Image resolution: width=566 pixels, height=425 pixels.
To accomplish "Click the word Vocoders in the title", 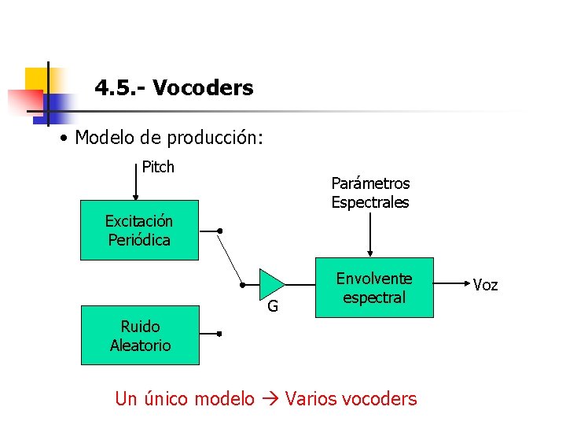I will pyautogui.click(x=203, y=88).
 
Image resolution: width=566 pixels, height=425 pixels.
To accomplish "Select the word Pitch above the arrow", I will pyautogui.click(x=158, y=167).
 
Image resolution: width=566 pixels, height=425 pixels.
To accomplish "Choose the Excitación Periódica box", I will pyautogui.click(x=139, y=231).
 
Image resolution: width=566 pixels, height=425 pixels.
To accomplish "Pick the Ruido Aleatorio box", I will pyautogui.click(x=140, y=335).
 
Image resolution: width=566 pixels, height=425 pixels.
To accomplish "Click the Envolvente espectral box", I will pyautogui.click(x=374, y=288).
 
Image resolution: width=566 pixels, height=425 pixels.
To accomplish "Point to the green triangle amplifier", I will pyautogui.click(x=270, y=285).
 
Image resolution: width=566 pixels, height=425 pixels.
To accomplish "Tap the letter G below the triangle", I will pyautogui.click(x=272, y=306).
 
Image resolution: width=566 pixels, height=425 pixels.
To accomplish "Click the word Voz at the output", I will pyautogui.click(x=485, y=285).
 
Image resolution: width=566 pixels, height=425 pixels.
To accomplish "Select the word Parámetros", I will pyautogui.click(x=370, y=183).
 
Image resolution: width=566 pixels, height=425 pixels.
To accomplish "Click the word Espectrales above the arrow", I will pyautogui.click(x=370, y=202).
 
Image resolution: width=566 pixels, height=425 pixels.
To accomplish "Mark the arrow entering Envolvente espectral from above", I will pyautogui.click(x=371, y=236).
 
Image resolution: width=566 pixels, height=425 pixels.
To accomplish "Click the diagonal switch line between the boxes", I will pyautogui.click(x=230, y=259).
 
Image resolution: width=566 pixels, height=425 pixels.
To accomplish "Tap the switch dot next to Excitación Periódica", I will pyautogui.click(x=220, y=231).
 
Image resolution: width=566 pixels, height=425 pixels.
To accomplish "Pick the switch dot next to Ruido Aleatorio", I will pyautogui.click(x=219, y=334).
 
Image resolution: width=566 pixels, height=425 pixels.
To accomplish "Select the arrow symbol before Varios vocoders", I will pyautogui.click(x=270, y=399).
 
